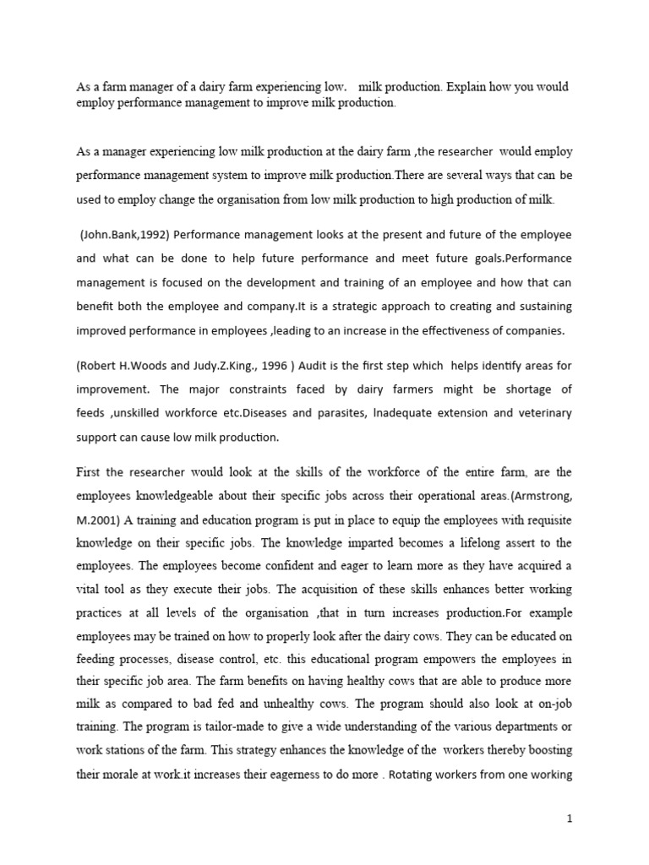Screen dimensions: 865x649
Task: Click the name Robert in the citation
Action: click(x=101, y=367)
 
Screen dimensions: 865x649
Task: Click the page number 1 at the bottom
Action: click(x=571, y=841)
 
